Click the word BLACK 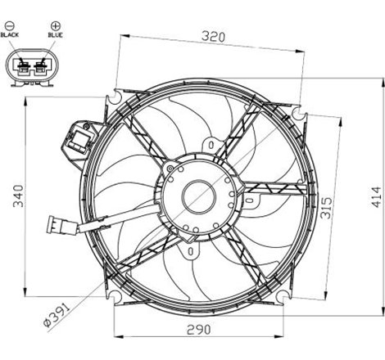pyautogui.click(x=11, y=36)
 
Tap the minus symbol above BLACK pyautogui.click(x=11, y=25)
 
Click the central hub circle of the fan pyautogui.click(x=197, y=196)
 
